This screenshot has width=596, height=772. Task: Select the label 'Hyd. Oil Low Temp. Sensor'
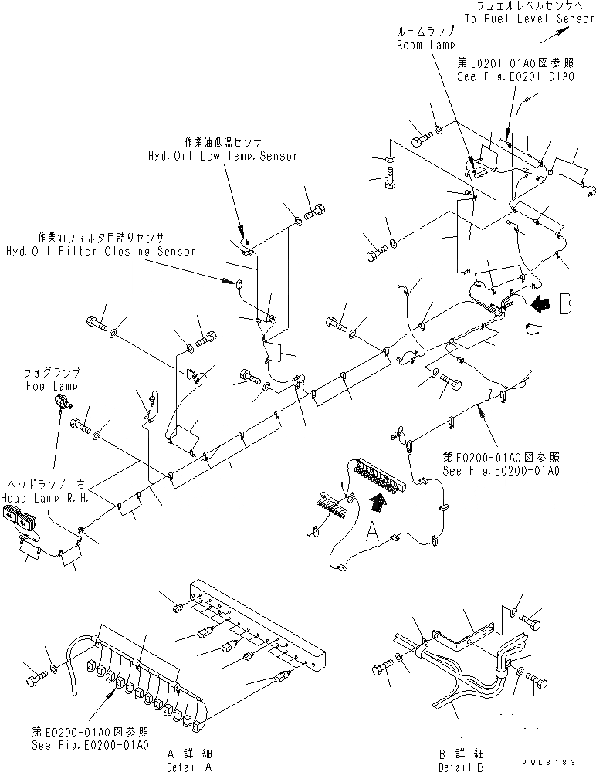222,155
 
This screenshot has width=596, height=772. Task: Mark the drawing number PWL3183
556,762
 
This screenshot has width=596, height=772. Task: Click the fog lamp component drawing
61,402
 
